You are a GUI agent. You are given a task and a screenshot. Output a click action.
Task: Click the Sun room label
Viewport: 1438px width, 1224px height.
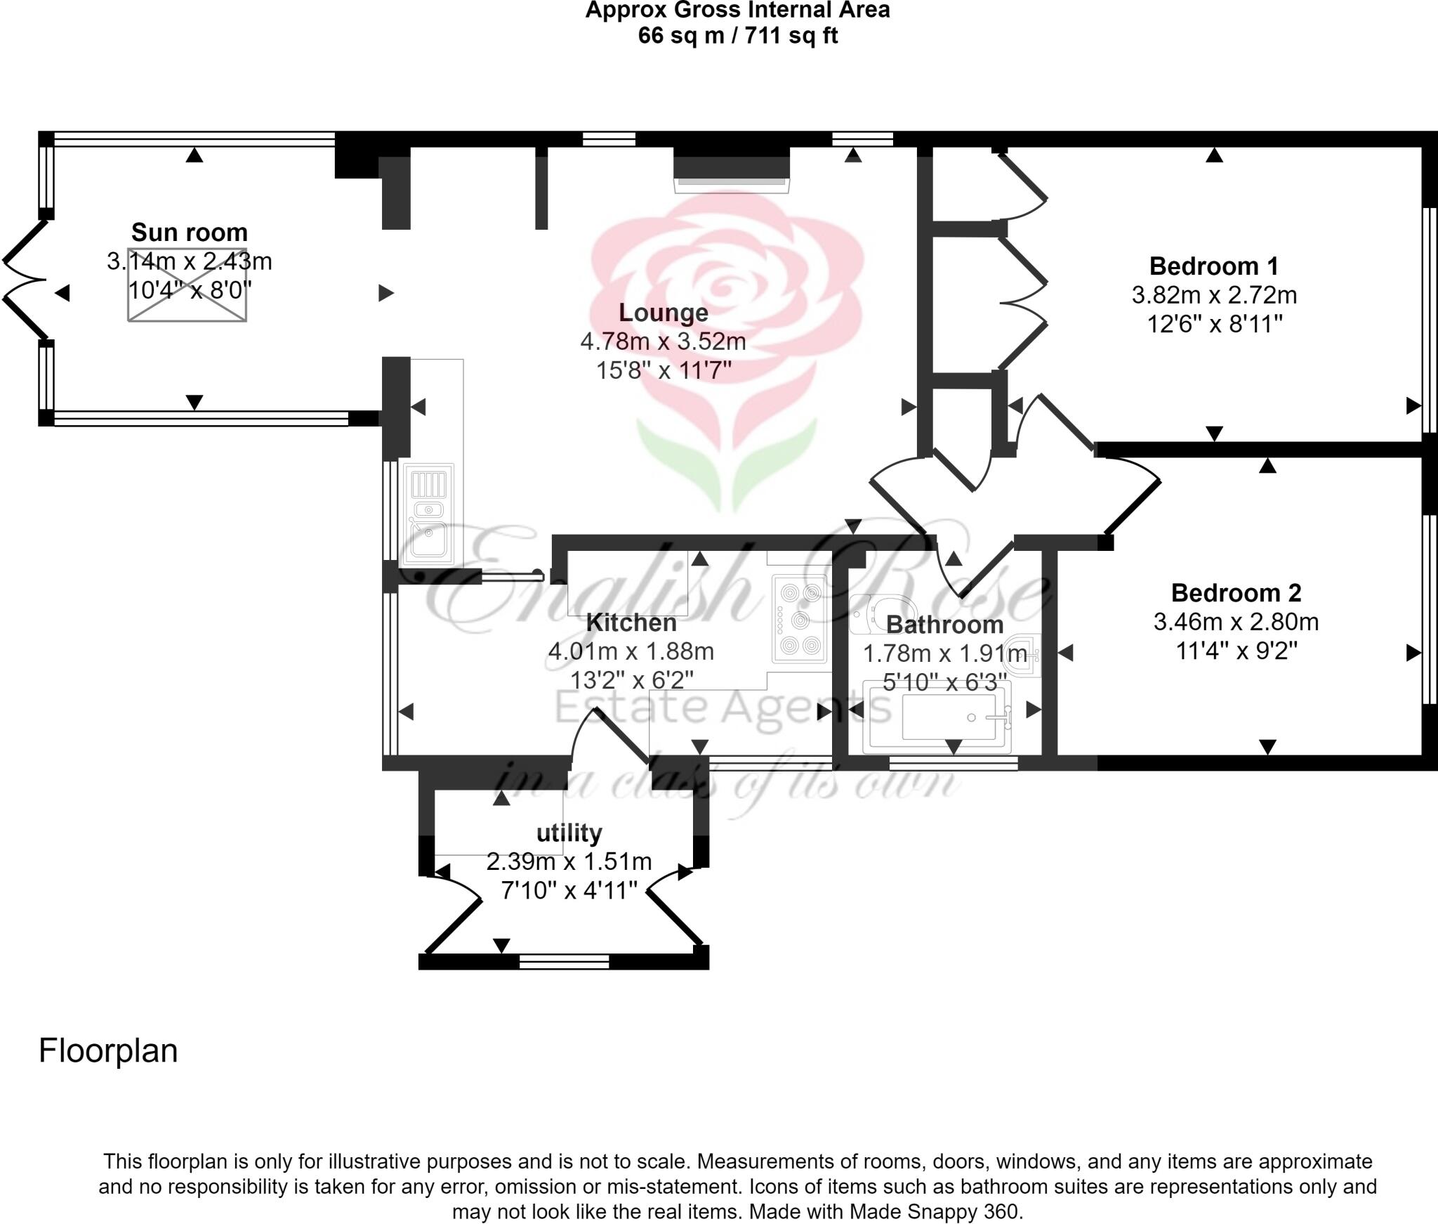190,233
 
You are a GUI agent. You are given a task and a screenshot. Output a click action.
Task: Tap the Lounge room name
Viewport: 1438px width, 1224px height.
663,313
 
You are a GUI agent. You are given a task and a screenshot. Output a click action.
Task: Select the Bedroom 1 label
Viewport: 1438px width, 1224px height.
1214,266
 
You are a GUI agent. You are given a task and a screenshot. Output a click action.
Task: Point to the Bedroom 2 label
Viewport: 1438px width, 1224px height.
1236,593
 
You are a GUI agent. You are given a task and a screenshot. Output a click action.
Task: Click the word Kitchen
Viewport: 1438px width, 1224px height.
631,623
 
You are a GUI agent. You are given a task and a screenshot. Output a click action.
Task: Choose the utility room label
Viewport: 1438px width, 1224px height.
569,833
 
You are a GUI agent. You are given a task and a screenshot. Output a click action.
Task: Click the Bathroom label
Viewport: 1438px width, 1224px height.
944,625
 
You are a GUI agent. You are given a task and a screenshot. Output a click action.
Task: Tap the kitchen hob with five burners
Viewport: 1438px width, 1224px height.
800,619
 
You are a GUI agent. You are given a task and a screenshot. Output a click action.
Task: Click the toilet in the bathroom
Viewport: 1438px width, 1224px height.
881,614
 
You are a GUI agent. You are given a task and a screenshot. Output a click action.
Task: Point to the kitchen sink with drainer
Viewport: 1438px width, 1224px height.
429,513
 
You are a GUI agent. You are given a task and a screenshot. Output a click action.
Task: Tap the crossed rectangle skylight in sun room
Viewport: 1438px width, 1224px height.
187,285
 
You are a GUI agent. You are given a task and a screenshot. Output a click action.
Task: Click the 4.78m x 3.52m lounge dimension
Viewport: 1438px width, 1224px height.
663,342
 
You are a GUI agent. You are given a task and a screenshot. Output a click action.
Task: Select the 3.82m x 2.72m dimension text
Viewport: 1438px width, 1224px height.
1214,295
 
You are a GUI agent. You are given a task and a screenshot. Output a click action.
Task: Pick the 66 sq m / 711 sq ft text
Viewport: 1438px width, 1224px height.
737,36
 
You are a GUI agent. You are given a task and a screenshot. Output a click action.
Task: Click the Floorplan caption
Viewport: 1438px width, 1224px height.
108,1051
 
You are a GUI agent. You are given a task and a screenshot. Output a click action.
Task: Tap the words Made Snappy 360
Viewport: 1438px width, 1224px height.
934,1211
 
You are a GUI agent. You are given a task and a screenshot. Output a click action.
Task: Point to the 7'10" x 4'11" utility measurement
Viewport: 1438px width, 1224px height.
569,891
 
